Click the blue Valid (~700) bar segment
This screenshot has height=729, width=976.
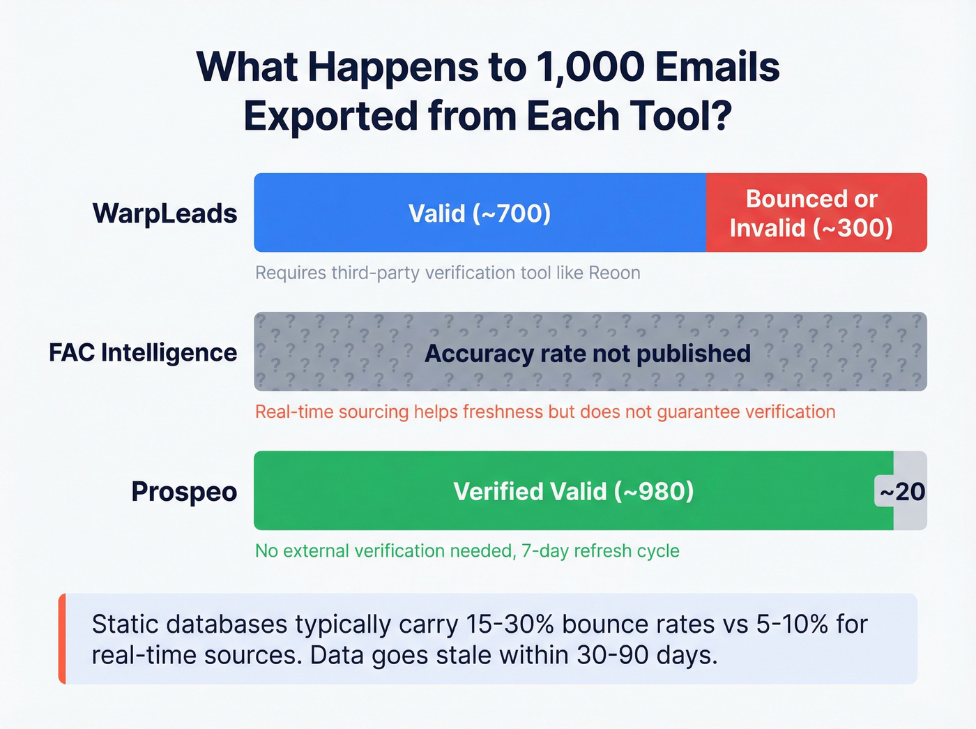pos(480,213)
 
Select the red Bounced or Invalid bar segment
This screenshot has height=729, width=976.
pos(816,213)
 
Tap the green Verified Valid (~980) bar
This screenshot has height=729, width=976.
pos(573,491)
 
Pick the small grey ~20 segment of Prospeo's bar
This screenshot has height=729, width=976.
pos(910,491)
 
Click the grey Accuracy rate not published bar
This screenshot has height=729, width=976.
pos(590,352)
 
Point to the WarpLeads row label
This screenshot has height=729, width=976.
pos(165,213)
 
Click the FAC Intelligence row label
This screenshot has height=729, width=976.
pos(143,352)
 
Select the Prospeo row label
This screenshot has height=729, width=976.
pos(184,492)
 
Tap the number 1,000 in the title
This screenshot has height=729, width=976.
pos(590,68)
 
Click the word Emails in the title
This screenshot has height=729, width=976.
pos(717,68)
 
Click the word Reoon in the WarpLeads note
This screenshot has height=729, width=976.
pos(614,273)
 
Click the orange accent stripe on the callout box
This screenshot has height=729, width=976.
pos(62,638)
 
